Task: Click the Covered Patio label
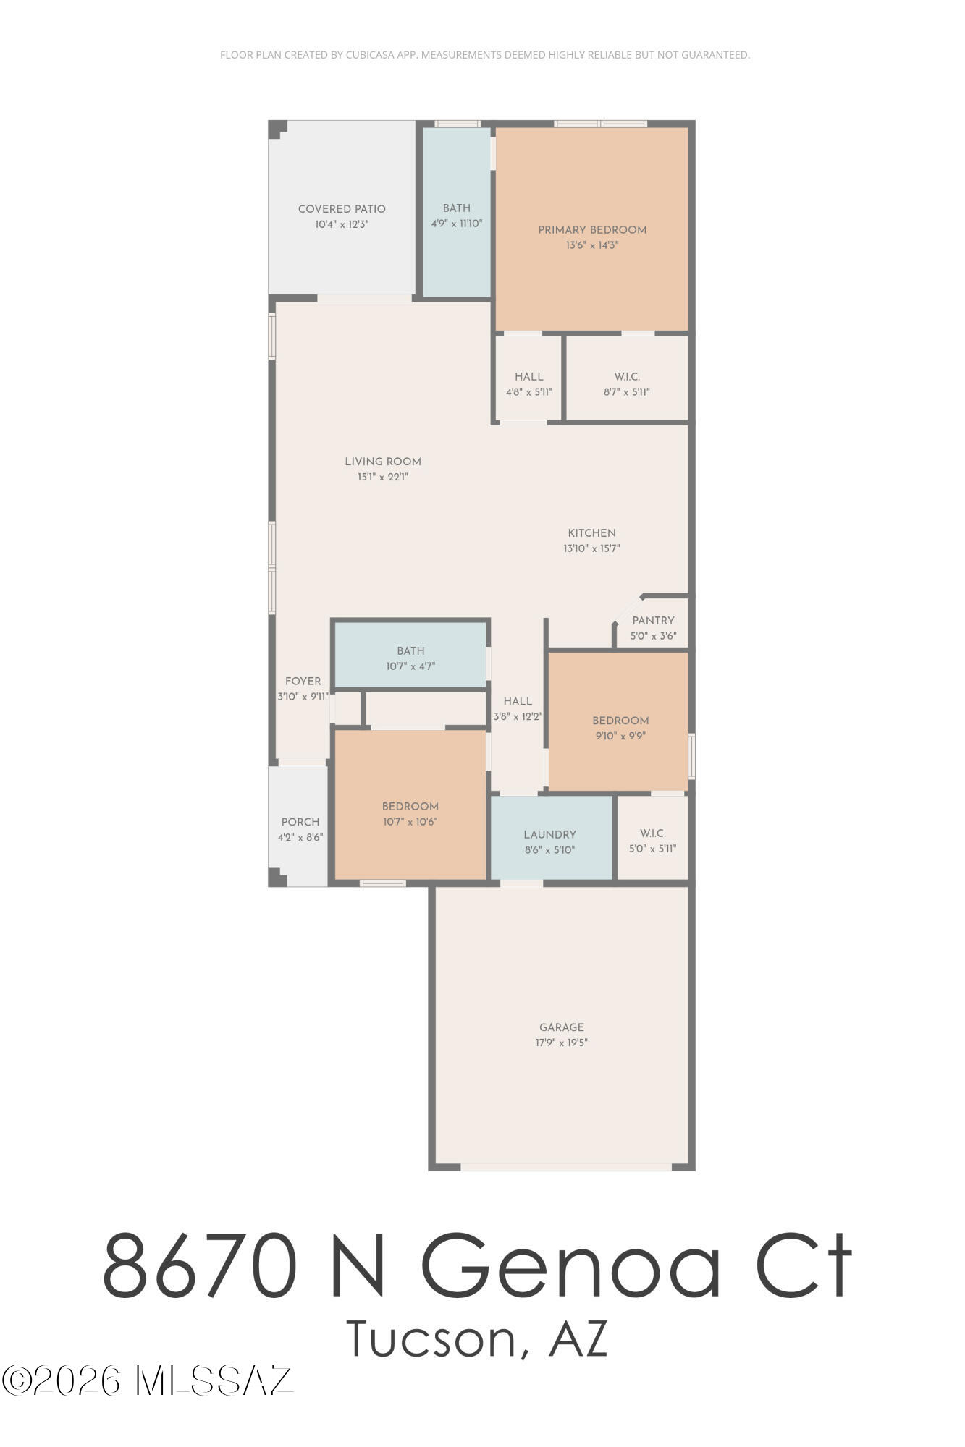(x=342, y=209)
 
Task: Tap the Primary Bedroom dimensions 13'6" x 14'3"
(x=592, y=245)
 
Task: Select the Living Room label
(x=383, y=462)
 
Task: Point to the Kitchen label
(x=591, y=533)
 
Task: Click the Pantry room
(x=653, y=627)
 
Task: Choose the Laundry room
(x=550, y=841)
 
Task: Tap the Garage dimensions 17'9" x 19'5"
(x=562, y=1043)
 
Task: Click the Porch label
(x=300, y=822)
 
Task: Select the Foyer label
(x=303, y=682)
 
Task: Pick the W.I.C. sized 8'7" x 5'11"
(x=627, y=383)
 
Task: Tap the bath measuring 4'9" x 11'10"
(x=457, y=215)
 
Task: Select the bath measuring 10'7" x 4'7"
(x=410, y=658)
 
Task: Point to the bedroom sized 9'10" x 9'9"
(x=620, y=727)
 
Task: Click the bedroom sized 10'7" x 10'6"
(x=410, y=813)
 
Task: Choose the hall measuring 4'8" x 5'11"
(x=529, y=383)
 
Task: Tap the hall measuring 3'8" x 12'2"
(x=518, y=708)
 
